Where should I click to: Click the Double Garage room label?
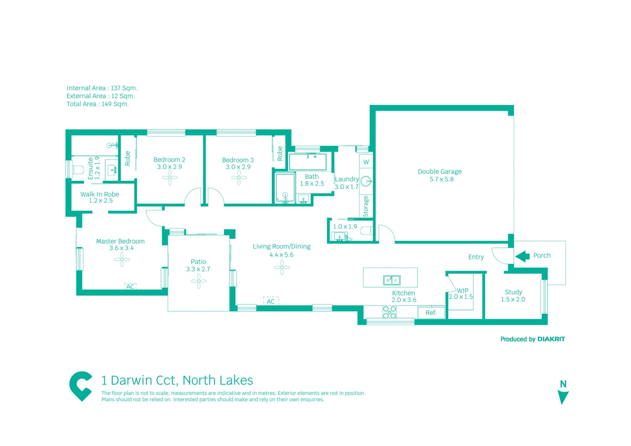(x=440, y=172)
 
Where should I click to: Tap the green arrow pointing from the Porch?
(x=522, y=256)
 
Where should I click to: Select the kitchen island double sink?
(x=392, y=280)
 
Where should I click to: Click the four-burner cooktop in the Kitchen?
(x=389, y=312)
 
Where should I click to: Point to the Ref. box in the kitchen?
(x=431, y=313)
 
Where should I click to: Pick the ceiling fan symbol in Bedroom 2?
(x=170, y=178)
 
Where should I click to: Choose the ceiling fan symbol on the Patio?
(x=199, y=281)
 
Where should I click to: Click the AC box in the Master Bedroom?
(x=130, y=286)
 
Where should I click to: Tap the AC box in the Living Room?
(x=271, y=301)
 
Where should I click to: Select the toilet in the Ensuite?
(x=77, y=170)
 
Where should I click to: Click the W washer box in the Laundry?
(x=366, y=162)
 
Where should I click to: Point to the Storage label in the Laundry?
(x=366, y=206)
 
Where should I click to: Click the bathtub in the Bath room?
(x=308, y=162)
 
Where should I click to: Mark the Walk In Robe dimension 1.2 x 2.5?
(x=101, y=201)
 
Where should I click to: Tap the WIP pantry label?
(x=463, y=290)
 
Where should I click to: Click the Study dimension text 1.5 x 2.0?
(x=513, y=299)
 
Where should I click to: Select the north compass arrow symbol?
(x=563, y=397)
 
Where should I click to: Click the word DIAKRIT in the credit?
(x=551, y=339)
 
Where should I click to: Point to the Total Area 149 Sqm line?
(x=98, y=104)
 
